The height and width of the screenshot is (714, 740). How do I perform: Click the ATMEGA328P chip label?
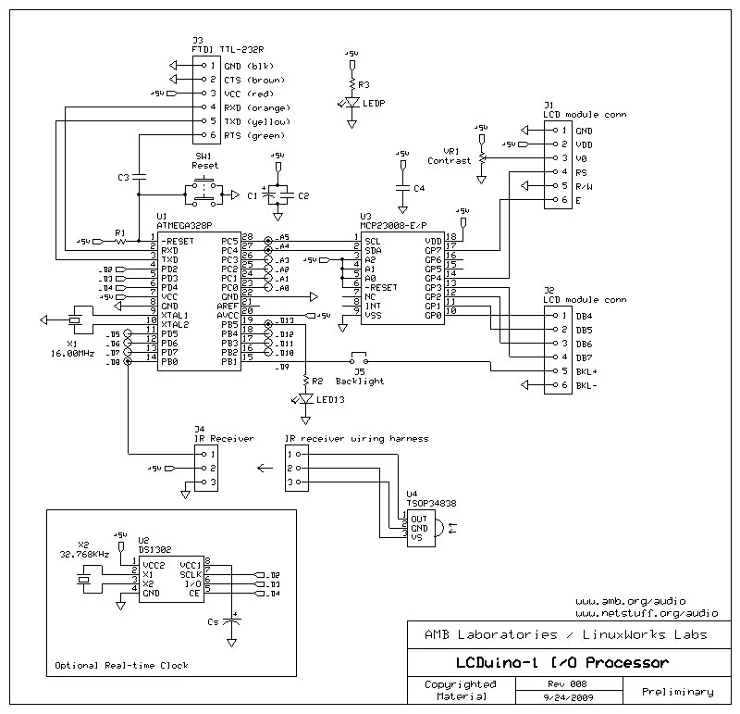tap(184, 225)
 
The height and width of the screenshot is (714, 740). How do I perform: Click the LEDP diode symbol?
tap(351, 102)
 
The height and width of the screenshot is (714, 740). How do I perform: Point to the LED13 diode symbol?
tap(305, 399)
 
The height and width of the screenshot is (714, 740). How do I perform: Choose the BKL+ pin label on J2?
tap(585, 370)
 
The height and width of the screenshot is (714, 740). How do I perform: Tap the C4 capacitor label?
tap(419, 188)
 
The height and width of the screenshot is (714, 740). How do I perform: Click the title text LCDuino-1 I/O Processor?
tap(561, 663)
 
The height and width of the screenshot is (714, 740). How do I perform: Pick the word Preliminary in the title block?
tap(676, 691)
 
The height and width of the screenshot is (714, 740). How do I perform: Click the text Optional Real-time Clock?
tap(121, 665)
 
